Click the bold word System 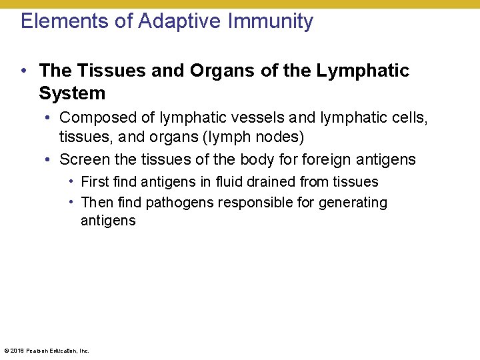(72, 93)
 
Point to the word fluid (231, 182)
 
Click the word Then (96, 203)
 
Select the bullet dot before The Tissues (24, 71)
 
